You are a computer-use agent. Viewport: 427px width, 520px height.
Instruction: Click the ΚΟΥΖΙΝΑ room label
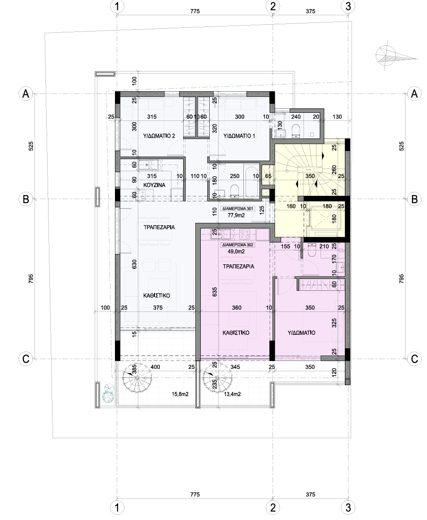[154, 185]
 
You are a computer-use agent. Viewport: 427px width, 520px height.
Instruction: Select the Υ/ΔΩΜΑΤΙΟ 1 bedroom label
[239, 136]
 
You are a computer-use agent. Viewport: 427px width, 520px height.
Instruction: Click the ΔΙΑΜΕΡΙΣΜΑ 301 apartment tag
[237, 209]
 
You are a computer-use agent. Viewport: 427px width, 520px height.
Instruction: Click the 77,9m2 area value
[236, 215]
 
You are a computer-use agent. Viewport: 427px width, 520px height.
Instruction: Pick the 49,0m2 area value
[236, 252]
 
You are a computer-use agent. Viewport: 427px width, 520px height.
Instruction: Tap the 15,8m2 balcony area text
[180, 394]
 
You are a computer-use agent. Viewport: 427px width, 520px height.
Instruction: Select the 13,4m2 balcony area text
[232, 394]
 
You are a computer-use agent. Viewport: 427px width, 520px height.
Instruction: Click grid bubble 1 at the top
[117, 6]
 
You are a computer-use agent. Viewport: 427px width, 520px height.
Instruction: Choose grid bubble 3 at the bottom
[348, 508]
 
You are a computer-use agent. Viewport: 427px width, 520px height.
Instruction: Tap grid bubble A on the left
[26, 94]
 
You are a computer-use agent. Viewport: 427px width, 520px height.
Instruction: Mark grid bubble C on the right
[414, 359]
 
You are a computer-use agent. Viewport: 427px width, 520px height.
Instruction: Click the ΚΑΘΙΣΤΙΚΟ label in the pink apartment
[236, 333]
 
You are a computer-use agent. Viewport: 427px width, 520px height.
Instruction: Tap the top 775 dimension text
[195, 11]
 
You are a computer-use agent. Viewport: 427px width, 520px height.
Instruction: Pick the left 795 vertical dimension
[31, 279]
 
